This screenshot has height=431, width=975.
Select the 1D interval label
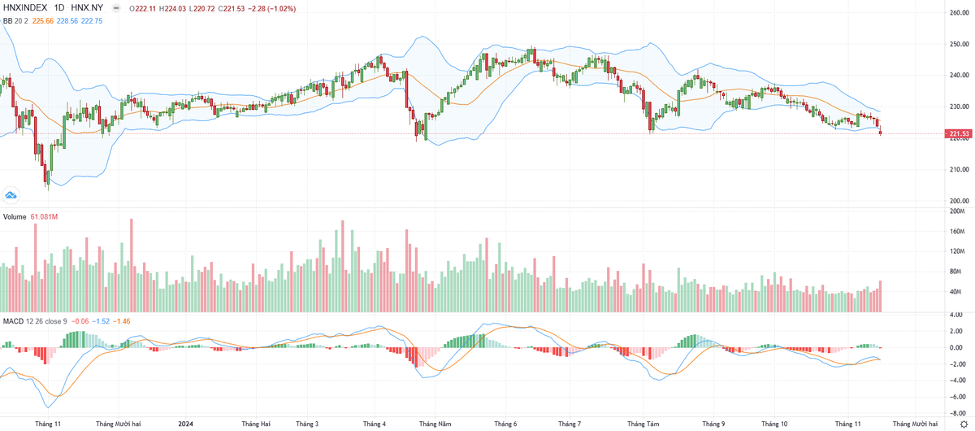(59, 8)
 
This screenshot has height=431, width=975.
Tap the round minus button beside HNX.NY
(118, 8)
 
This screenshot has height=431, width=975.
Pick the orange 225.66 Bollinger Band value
(43, 20)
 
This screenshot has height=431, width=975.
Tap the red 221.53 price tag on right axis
(957, 133)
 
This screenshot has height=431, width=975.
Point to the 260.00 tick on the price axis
(960, 13)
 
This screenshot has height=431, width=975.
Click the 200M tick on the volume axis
(958, 211)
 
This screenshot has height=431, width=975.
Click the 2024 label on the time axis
(186, 424)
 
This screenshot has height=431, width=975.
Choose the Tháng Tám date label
(644, 424)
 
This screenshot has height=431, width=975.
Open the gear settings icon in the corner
(964, 424)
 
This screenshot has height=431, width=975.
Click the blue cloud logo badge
(11, 194)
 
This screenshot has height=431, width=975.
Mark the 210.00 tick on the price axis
(960, 170)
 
